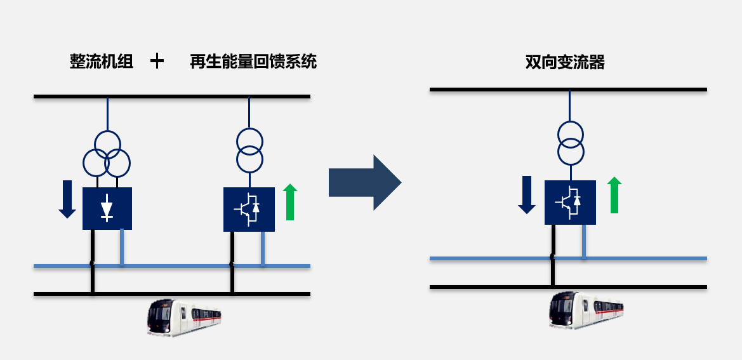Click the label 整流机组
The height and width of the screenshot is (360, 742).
pyautogui.click(x=102, y=62)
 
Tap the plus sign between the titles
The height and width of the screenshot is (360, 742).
pyautogui.click(x=157, y=61)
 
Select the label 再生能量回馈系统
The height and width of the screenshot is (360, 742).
pyautogui.click(x=253, y=62)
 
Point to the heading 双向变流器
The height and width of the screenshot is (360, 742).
pyautogui.click(x=565, y=62)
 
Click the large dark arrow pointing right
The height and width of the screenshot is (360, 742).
pyautogui.click(x=364, y=183)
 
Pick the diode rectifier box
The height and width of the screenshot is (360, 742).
pyautogui.click(x=107, y=208)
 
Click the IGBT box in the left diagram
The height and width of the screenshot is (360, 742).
pyautogui.click(x=249, y=209)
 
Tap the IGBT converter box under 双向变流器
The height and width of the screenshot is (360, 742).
pyautogui.click(x=570, y=202)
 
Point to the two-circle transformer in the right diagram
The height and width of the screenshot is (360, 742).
pyautogui.click(x=570, y=143)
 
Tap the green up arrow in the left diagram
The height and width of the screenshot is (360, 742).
pyautogui.click(x=290, y=202)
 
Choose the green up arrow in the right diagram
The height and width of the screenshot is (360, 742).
pyautogui.click(x=614, y=195)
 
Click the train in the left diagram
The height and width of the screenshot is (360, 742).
pyautogui.click(x=184, y=317)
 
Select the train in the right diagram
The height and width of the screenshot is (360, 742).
pyautogui.click(x=586, y=309)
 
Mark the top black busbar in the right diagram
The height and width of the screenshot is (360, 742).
pyautogui.click(x=568, y=90)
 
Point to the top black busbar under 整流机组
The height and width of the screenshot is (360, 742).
pyautogui.click(x=171, y=97)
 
